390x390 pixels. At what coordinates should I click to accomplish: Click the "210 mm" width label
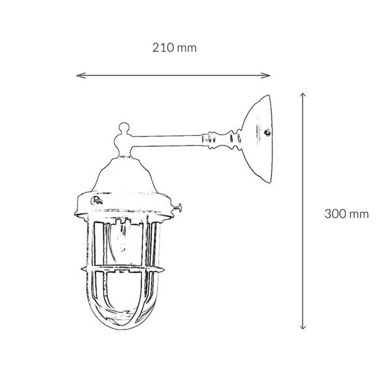(174, 47)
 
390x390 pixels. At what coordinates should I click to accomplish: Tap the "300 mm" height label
(346, 214)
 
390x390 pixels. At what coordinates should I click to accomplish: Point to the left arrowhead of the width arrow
(80, 75)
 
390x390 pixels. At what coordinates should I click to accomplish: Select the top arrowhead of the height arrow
(303, 96)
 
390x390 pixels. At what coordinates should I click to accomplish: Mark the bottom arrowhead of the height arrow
(303, 326)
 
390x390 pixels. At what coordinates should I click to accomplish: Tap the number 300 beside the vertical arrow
(335, 214)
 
